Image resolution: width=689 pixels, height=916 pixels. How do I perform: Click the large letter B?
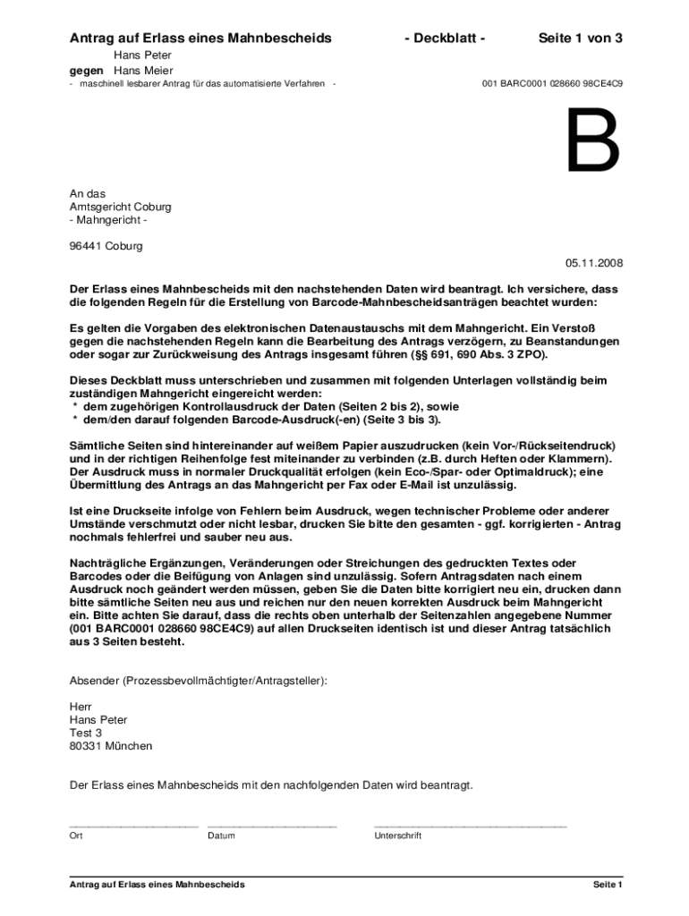coord(592,141)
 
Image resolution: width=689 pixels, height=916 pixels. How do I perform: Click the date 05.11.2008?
coord(593,263)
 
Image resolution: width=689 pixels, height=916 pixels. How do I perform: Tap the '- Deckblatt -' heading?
coord(445,38)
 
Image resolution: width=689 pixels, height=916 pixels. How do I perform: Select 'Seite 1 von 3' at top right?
coord(580,38)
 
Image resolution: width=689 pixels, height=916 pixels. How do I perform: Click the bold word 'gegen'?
coord(87,71)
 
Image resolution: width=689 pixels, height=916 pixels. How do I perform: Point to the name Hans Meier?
coord(143,71)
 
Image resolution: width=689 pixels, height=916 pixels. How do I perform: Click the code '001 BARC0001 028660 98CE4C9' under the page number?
coord(552,84)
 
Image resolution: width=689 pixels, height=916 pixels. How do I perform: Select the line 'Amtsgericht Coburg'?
coord(120,207)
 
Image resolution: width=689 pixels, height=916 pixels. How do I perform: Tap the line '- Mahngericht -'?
coord(108,220)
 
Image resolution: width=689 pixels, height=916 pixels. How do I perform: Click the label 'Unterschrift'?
coord(397,836)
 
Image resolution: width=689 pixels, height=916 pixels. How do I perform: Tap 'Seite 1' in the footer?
coord(607,885)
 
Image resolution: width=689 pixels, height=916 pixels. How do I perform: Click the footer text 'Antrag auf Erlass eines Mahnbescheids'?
coord(157,885)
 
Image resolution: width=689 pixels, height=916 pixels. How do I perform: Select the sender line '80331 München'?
coord(111,746)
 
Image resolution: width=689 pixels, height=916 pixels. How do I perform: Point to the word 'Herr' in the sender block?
coord(81,707)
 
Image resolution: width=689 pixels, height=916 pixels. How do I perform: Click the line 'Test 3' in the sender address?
coord(86,733)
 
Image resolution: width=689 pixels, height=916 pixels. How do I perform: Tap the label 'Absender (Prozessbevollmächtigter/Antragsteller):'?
coord(199,681)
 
